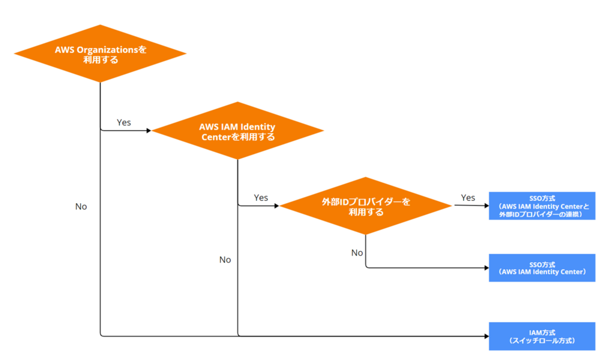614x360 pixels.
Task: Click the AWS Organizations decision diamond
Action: point(100,53)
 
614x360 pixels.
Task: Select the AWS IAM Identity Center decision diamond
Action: point(238,131)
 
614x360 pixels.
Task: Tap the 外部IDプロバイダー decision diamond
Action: point(366,206)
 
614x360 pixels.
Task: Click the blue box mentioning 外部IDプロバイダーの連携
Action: point(542,206)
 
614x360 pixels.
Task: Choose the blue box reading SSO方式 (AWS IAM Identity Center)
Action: point(542,268)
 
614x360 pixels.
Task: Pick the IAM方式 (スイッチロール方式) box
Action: point(542,336)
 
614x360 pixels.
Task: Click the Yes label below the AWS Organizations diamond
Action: point(124,122)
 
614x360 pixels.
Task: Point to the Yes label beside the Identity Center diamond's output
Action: point(261,197)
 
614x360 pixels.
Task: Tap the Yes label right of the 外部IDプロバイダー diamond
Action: point(468,197)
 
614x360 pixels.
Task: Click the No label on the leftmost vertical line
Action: point(81,206)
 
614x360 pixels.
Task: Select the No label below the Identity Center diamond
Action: point(225,260)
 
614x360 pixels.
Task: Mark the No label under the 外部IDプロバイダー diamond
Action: point(357,253)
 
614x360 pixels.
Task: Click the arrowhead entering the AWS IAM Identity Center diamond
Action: point(149,130)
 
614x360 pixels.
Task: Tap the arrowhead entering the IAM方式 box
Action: point(486,336)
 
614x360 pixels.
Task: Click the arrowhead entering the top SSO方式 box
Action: point(486,206)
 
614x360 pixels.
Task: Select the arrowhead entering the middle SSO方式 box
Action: point(486,268)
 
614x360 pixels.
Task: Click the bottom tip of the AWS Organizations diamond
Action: point(100,82)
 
